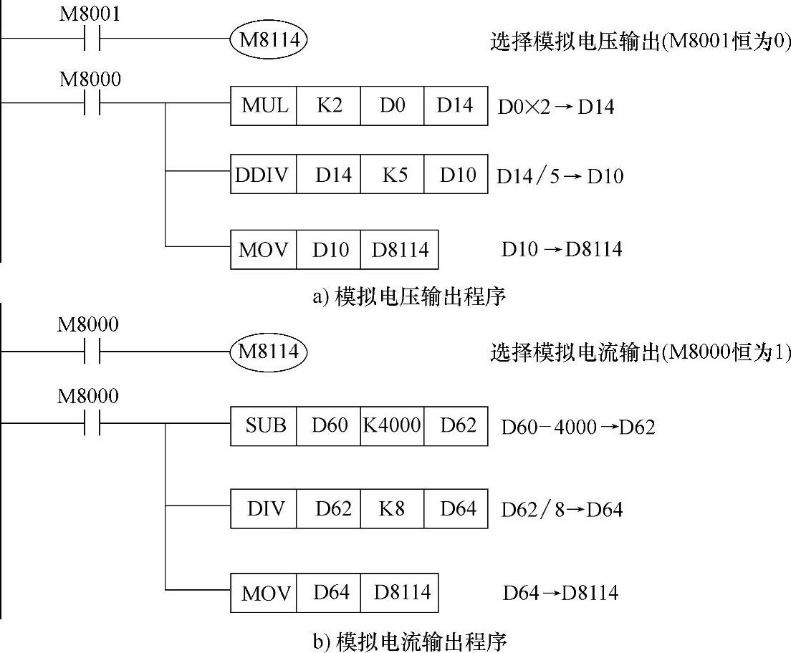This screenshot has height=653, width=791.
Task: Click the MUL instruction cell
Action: tap(264, 106)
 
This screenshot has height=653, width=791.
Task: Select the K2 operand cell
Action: tap(328, 106)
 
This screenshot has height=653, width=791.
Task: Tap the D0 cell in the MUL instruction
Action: tap(392, 106)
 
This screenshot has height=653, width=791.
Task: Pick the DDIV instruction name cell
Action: tap(264, 174)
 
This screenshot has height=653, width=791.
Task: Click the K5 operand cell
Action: tap(392, 174)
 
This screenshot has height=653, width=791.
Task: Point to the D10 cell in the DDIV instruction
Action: tap(456, 174)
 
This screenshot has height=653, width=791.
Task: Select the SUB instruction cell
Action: tap(264, 426)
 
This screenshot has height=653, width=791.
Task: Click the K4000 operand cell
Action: tap(392, 426)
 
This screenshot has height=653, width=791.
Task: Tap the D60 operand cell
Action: tap(328, 426)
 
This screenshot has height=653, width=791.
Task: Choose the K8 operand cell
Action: tap(392, 508)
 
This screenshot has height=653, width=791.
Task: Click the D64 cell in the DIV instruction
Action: tap(456, 508)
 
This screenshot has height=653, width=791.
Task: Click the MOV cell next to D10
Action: tap(264, 249)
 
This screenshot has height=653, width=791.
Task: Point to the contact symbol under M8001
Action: tap(91, 39)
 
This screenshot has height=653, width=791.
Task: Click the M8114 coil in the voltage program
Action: tap(269, 39)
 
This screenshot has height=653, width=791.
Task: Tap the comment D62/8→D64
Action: tap(562, 510)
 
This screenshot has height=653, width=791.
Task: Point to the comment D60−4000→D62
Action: tap(577, 427)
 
